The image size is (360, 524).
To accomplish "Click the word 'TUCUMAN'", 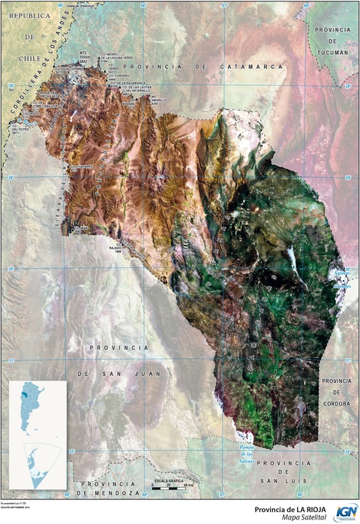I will coord(332,53).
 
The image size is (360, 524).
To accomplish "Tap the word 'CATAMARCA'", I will coord(251,67).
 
